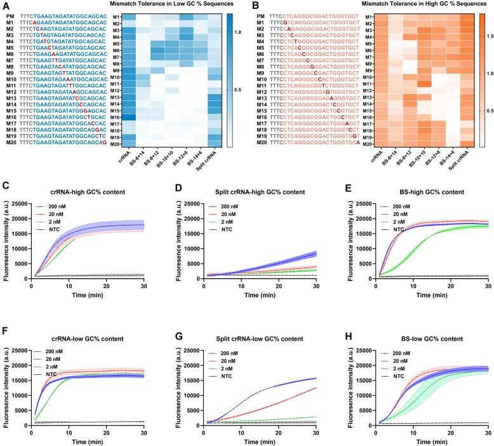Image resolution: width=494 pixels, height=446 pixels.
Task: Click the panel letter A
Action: click(6, 6)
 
